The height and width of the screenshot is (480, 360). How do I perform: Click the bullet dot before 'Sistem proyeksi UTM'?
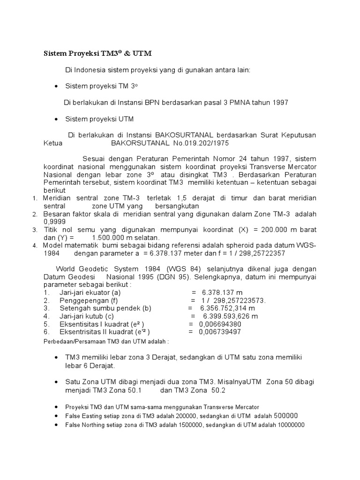[56, 119]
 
